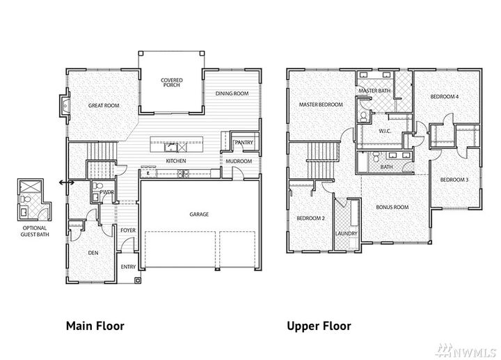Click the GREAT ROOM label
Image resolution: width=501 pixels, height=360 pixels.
coord(104,105)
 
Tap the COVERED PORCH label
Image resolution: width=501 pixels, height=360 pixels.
coord(171,83)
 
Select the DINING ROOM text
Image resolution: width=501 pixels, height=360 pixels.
coord(232,93)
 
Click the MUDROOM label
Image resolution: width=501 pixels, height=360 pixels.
coord(238,162)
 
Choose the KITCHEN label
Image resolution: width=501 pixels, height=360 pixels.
coord(175,162)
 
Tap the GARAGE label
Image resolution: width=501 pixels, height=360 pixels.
coord(199,214)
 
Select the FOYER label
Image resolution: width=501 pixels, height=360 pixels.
coord(127,230)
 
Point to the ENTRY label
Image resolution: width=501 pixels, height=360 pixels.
coord(129,266)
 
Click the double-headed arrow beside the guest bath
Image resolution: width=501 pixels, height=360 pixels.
coord(67,182)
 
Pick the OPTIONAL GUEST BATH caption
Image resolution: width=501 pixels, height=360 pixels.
coord(33,230)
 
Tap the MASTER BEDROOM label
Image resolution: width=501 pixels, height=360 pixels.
coord(321,105)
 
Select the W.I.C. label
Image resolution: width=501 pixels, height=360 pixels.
coord(383,131)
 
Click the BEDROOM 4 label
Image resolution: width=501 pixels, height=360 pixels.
coord(444,97)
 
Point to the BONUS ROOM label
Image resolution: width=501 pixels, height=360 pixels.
coord(392,207)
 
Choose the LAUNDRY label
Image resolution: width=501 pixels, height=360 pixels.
coord(346,233)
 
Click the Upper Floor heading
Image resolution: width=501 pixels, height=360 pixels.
coord(318,325)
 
